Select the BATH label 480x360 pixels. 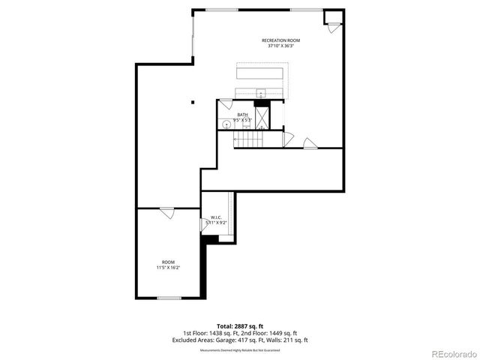tap(242, 115)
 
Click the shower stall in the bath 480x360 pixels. tap(262, 118)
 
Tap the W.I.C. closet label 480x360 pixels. tap(215, 217)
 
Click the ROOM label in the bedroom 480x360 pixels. tap(168, 262)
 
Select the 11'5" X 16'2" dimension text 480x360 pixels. tap(168, 268)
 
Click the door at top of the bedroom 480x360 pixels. tap(167, 213)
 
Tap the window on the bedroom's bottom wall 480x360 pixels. tap(169, 298)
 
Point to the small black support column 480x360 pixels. tap(193, 103)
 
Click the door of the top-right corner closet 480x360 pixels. tap(331, 26)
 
